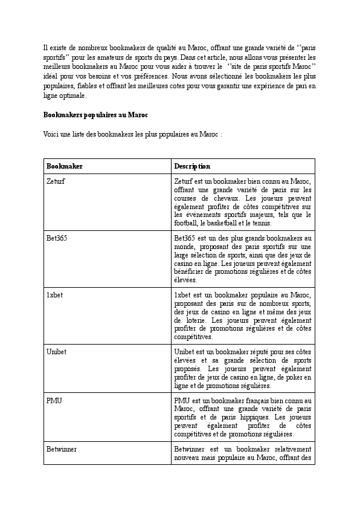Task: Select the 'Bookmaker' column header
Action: pyautogui.click(x=65, y=166)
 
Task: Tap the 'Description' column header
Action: pyautogui.click(x=192, y=166)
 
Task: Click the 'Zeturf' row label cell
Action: pyautogui.click(x=56, y=181)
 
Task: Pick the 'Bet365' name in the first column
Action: pyautogui.click(x=57, y=238)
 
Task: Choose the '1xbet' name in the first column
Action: pyautogui.click(x=55, y=295)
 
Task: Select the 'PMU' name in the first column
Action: pyautogui.click(x=54, y=401)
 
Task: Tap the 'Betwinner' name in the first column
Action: pyautogui.click(x=61, y=450)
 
